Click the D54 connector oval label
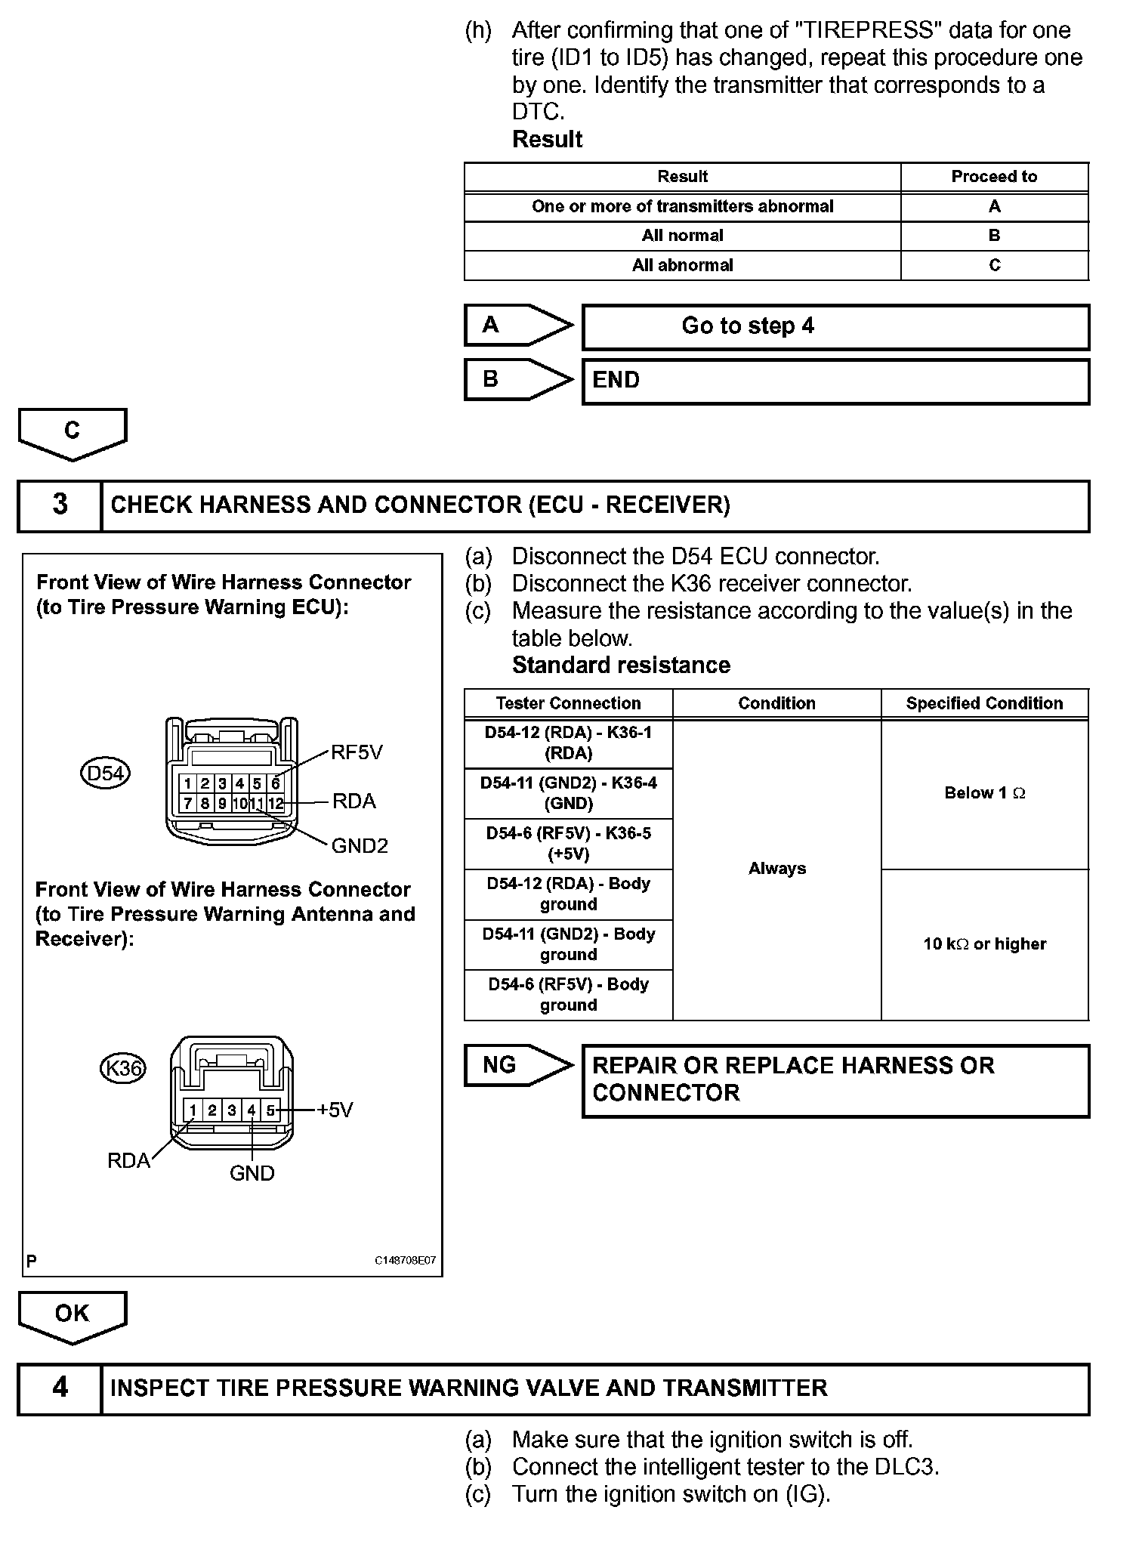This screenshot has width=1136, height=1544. tap(105, 774)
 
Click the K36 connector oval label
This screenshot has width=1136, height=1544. tap(122, 1068)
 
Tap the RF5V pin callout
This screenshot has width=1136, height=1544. tap(357, 752)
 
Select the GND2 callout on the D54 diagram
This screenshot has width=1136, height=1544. tap(360, 846)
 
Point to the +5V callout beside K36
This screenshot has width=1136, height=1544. tap(335, 1110)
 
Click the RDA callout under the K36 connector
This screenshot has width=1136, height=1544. tap(128, 1161)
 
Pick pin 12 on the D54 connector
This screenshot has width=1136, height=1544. tap(276, 804)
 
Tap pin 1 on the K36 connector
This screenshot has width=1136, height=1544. tap(193, 1110)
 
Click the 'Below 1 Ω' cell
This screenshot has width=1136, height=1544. tap(984, 793)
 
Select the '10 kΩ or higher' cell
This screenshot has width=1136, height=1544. tap(984, 944)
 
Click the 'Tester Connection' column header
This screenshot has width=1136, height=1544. tap(568, 703)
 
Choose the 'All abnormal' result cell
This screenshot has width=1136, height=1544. tap(682, 265)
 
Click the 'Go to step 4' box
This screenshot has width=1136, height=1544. tap(835, 326)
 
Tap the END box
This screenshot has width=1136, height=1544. tap(835, 381)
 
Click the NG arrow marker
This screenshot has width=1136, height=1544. tap(517, 1065)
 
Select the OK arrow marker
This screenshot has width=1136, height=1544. tap(72, 1317)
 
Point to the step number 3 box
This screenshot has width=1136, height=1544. tap(60, 505)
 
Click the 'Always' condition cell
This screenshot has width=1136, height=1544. tap(776, 869)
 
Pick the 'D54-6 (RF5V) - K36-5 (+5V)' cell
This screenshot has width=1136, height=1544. tap(568, 844)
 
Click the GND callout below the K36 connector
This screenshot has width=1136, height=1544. tap(252, 1173)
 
